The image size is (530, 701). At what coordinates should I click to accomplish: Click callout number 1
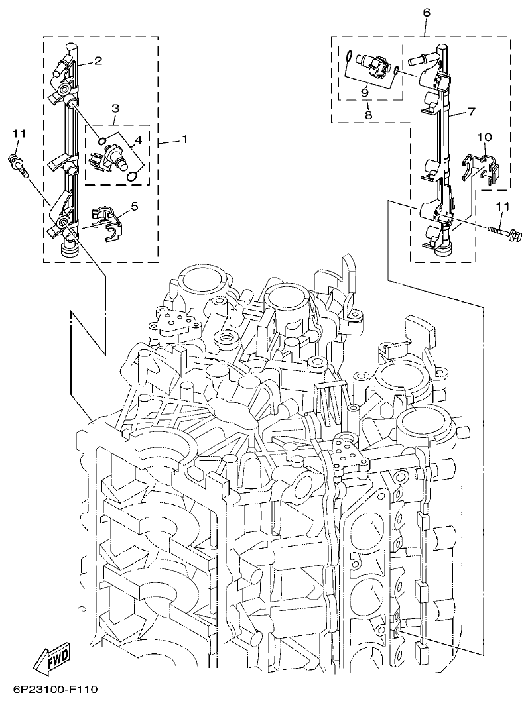[x=184, y=140]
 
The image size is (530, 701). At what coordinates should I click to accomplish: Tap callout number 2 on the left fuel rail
[x=98, y=61]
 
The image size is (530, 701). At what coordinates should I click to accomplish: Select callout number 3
[x=115, y=107]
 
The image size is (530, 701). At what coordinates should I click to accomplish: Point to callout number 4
[x=138, y=140]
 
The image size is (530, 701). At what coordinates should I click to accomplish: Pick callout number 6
[x=425, y=12]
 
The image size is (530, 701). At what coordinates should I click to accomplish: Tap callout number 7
[x=472, y=111]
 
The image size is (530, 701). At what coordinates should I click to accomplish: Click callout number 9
[x=364, y=93]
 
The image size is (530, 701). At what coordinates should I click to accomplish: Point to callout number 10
[x=485, y=137]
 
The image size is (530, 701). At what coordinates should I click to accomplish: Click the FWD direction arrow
[x=53, y=663]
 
